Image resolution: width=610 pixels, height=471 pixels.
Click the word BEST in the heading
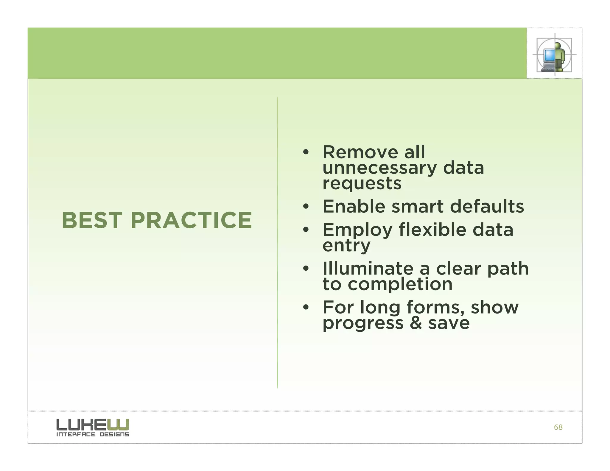[x=92, y=220]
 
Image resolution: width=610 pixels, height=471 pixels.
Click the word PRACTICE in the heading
[x=191, y=220]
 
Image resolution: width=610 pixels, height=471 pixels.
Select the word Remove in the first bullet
[x=360, y=152]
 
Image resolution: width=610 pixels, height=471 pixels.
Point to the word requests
[x=362, y=183]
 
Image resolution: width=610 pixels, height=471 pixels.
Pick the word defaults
[x=487, y=206]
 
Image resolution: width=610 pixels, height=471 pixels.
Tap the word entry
[x=346, y=246]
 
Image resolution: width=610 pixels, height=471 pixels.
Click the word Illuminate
[x=368, y=269]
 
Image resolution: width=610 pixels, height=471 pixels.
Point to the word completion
[x=400, y=284]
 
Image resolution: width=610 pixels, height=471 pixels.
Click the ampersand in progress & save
[x=416, y=323]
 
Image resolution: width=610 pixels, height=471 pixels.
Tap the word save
[x=449, y=323]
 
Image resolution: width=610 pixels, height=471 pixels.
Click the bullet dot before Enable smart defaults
[x=306, y=206]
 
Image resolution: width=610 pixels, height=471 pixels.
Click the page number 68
[x=558, y=427]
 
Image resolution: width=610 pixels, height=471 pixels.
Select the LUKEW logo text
[x=93, y=424]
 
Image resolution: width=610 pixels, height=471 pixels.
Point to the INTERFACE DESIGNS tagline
[x=93, y=434]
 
